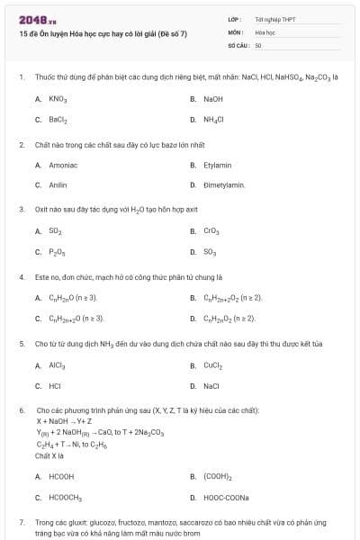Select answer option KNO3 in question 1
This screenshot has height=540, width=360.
[x=58, y=99]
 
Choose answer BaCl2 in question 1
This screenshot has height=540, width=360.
[x=58, y=119]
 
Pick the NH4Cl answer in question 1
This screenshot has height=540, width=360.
[x=213, y=119]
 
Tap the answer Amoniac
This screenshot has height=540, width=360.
[x=62, y=165]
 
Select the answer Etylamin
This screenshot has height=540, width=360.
[x=217, y=165]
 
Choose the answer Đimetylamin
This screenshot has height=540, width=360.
[x=224, y=184]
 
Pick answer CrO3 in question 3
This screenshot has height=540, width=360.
[x=211, y=231]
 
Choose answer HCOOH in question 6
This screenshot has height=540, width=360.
[x=61, y=476]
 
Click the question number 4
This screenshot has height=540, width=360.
[x=21, y=277]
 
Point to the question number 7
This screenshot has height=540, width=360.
[x=21, y=522]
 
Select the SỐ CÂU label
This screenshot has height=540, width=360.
[x=237, y=44]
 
